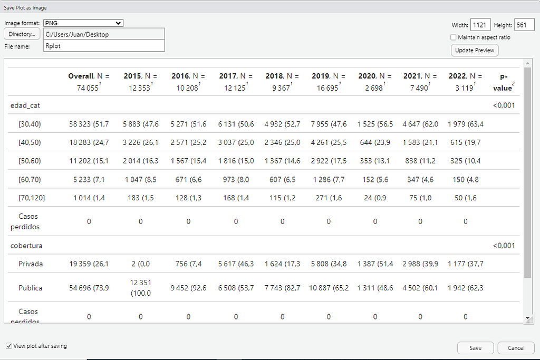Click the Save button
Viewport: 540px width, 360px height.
pos(475,348)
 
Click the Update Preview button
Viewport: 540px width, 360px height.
pos(475,50)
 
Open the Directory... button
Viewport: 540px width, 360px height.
pos(22,34)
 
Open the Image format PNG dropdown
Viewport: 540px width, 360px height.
pos(83,23)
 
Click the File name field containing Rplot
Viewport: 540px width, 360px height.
pos(104,46)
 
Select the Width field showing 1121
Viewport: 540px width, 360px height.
pos(480,25)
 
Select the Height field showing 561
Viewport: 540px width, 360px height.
pos(524,25)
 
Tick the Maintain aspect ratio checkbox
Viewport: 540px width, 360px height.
pos(454,37)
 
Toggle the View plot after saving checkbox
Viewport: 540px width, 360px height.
pos(9,346)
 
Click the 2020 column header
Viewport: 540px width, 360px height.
pos(375,82)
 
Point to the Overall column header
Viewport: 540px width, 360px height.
pos(89,82)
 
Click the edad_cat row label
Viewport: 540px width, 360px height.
pos(25,105)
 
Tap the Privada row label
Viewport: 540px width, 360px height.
pos(30,264)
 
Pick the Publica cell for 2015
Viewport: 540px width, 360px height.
pos(140,288)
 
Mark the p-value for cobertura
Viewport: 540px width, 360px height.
pos(504,246)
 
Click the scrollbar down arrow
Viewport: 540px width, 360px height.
pos(527,318)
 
